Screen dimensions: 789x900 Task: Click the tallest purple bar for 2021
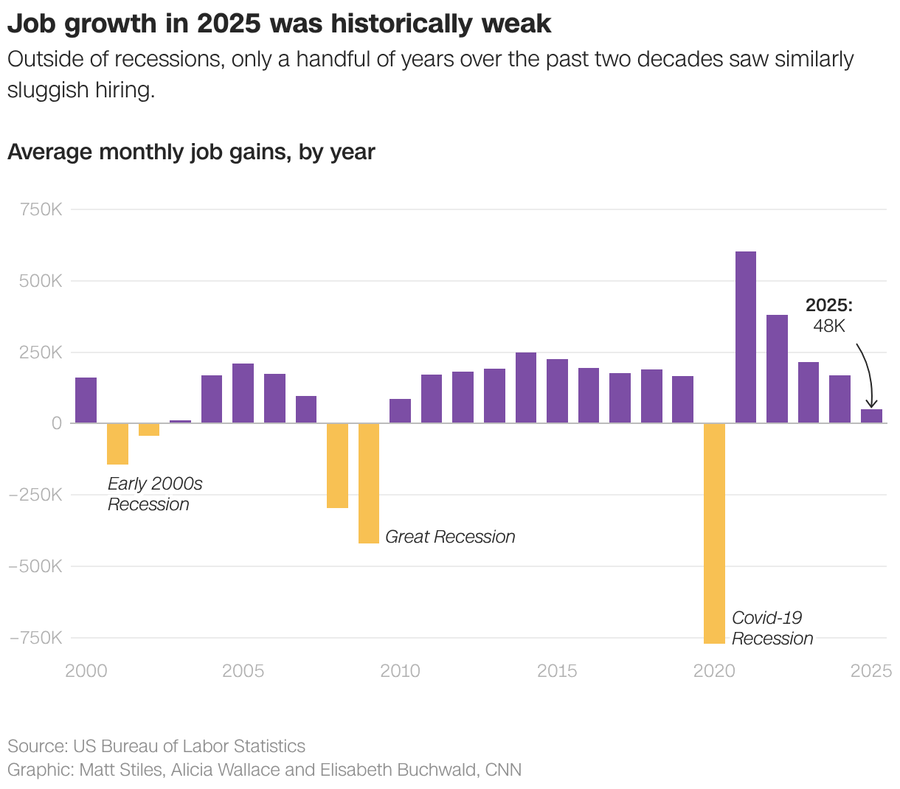746,337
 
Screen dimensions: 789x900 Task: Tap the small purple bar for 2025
871,416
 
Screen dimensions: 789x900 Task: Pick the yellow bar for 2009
369,483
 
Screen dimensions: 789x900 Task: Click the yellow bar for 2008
337,465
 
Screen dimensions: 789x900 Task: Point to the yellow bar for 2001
117,443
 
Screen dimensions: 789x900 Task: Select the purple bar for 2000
86,400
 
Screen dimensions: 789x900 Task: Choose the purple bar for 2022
777,369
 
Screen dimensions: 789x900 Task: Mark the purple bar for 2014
526,387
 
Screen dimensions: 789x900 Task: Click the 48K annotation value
829,326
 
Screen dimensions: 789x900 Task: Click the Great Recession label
450,537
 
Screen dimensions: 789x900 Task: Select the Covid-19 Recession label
772,628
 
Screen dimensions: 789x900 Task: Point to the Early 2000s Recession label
154,494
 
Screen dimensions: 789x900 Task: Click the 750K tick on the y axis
41,209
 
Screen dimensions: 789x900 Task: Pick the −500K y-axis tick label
35,566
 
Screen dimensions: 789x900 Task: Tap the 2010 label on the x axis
400,671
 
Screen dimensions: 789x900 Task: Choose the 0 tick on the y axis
57,423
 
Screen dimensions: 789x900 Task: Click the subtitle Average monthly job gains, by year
191,152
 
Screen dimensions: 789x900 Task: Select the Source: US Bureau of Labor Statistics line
156,746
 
